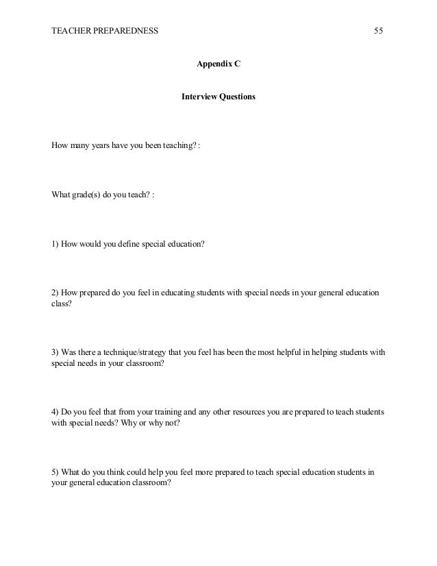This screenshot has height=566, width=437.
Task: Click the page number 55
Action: point(378,31)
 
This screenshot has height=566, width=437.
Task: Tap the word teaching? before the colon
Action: point(178,146)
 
